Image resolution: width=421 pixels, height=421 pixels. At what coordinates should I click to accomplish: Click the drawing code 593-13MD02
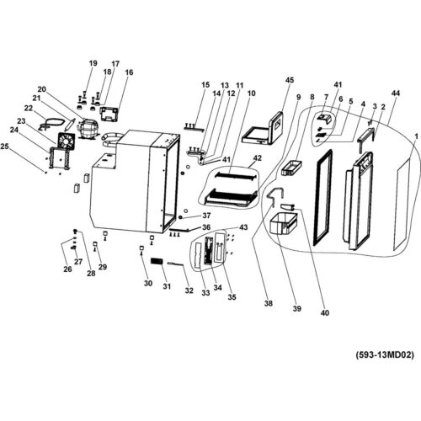pyautogui.click(x=385, y=355)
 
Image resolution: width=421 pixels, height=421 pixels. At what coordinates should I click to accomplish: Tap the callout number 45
pyautogui.click(x=290, y=80)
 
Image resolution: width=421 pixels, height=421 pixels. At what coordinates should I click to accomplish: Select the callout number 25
pyautogui.click(x=5, y=147)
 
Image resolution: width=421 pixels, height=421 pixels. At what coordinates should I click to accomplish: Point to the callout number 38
pyautogui.click(x=269, y=303)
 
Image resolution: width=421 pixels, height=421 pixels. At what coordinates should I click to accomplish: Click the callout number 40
pyautogui.click(x=325, y=312)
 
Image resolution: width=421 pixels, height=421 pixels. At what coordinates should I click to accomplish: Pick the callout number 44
pyautogui.click(x=395, y=93)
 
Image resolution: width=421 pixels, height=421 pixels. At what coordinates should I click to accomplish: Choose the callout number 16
pyautogui.click(x=129, y=72)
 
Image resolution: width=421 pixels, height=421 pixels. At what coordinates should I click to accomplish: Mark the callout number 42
pyautogui.click(x=257, y=158)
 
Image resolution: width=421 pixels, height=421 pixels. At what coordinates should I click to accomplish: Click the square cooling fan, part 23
pyautogui.click(x=67, y=141)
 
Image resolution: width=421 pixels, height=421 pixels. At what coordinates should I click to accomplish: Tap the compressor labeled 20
pyautogui.click(x=88, y=129)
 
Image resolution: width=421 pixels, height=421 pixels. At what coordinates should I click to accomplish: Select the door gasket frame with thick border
pyautogui.click(x=323, y=197)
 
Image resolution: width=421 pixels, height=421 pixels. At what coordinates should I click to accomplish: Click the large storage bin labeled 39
pyautogui.click(x=283, y=223)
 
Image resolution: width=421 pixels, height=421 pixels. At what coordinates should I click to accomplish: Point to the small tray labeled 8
pyautogui.click(x=291, y=168)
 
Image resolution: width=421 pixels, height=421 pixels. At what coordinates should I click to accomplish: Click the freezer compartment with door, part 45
pyautogui.click(x=263, y=130)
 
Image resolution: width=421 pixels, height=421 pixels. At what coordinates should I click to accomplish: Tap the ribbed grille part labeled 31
pyautogui.click(x=157, y=261)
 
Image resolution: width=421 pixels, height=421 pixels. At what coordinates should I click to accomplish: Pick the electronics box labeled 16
pyautogui.click(x=109, y=114)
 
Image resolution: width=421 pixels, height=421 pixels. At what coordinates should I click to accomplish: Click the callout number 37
pyautogui.click(x=206, y=216)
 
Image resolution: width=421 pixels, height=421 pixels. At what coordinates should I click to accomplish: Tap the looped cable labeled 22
pyautogui.click(x=51, y=124)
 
